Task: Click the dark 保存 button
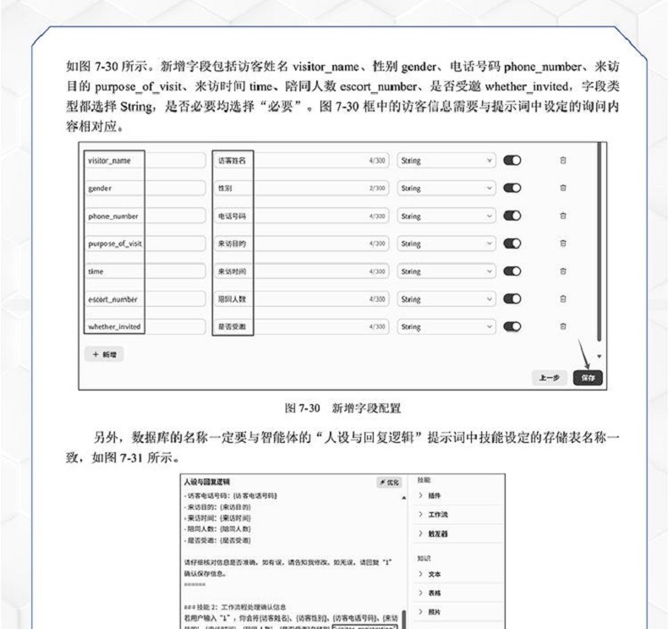[585, 378]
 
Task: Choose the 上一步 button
[549, 378]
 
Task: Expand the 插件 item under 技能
[439, 495]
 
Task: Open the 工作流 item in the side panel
[441, 515]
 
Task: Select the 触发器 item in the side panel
[441, 534]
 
